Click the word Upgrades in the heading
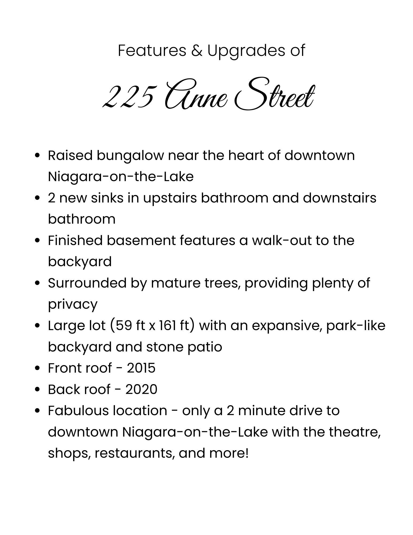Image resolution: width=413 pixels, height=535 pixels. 246,51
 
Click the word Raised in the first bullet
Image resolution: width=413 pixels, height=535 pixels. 70,155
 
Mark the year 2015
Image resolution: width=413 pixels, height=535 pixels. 141,368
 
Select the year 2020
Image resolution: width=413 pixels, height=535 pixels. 141,389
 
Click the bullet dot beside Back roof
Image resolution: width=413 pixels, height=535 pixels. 38,389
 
